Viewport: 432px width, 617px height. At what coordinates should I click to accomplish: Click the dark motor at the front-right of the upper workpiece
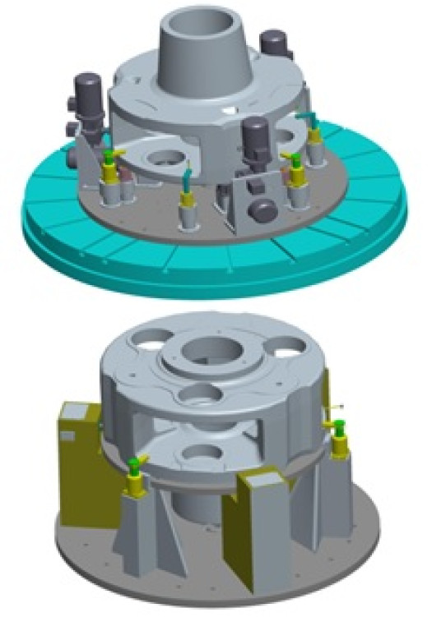(x=255, y=136)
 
